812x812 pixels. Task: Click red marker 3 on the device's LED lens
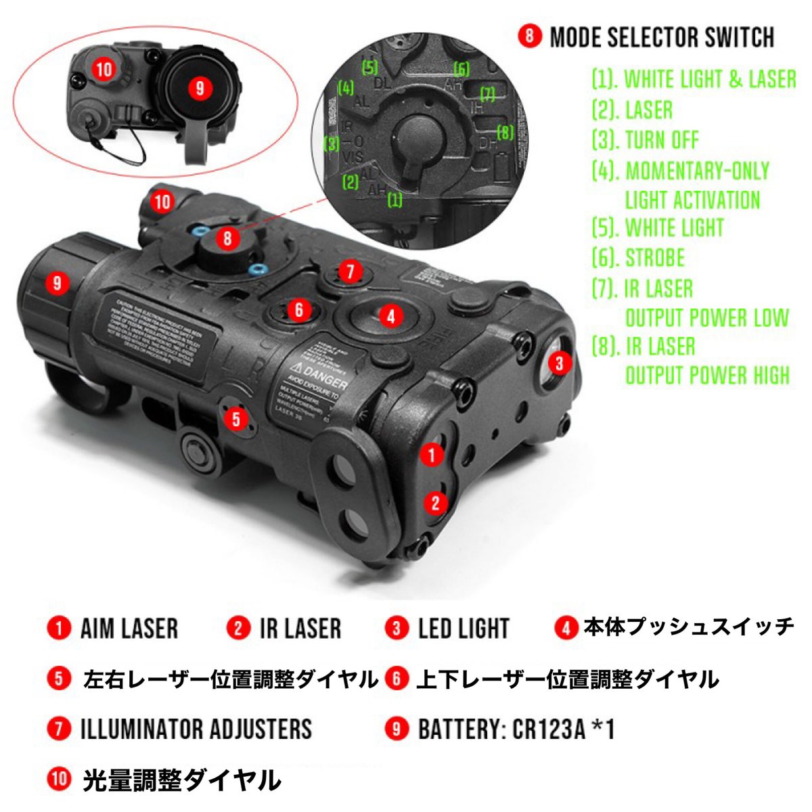[x=559, y=363]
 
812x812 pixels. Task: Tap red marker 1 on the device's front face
[x=432, y=454]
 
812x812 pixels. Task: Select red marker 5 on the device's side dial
[x=235, y=419]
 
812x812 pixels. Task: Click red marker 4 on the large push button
[x=390, y=315]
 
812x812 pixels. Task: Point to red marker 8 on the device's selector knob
[x=227, y=238]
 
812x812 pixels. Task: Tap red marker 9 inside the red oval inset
[x=199, y=88]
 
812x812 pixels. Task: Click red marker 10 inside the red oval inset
[x=104, y=69]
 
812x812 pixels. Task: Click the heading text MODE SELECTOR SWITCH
[x=662, y=37]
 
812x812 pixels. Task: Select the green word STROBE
[x=654, y=258]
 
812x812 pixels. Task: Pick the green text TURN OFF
[x=662, y=140]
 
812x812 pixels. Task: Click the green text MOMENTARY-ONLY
[x=697, y=171]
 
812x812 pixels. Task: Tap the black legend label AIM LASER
[x=129, y=628]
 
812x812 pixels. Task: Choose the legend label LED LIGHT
[x=464, y=629]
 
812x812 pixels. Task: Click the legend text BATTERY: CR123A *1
[x=516, y=729]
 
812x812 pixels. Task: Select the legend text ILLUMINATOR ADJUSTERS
[x=196, y=729]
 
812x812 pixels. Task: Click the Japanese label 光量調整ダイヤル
[x=181, y=780]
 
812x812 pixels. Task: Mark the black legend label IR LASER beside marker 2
[x=300, y=628]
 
